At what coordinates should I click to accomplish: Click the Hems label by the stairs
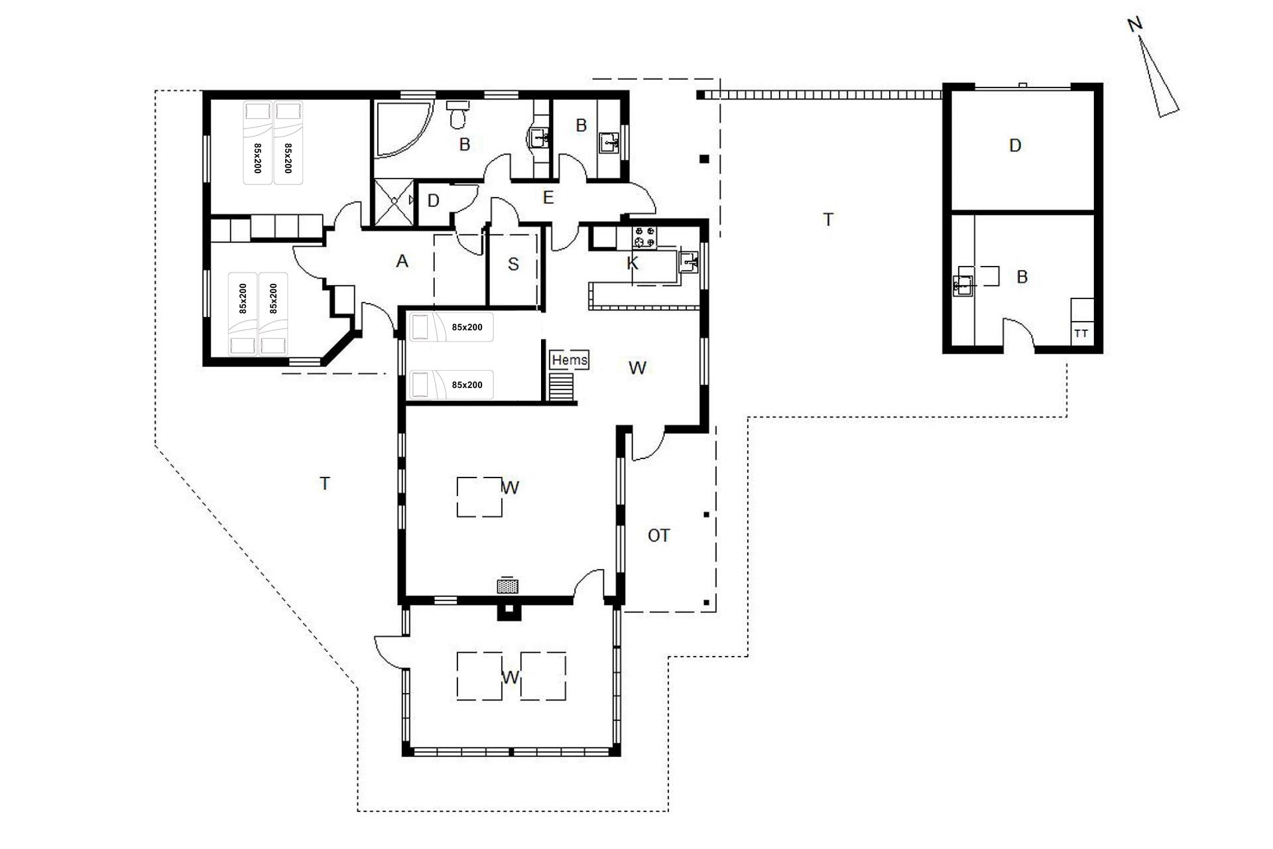coord(570,359)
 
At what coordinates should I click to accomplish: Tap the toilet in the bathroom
coord(457,114)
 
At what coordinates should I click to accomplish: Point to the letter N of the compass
coord(1135,25)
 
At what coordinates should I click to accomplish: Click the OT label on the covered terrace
coord(658,535)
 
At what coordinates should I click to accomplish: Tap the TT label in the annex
coord(1081,334)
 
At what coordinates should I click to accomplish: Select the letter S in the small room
coord(513,265)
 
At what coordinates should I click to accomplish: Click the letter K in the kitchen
coord(632,263)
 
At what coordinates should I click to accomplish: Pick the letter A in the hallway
coord(402,261)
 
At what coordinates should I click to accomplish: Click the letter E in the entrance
coord(548,198)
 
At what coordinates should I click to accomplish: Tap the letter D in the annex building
coord(1014,145)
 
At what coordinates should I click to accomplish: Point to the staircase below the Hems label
coord(562,386)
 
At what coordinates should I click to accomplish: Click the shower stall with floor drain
coord(395,202)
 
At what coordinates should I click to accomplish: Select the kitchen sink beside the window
coord(690,263)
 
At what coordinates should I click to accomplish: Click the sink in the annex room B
coord(963,285)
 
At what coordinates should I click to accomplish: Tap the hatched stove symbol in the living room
coord(507,586)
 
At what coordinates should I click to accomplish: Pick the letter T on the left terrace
coord(325,484)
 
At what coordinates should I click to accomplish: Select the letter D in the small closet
coord(433,201)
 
